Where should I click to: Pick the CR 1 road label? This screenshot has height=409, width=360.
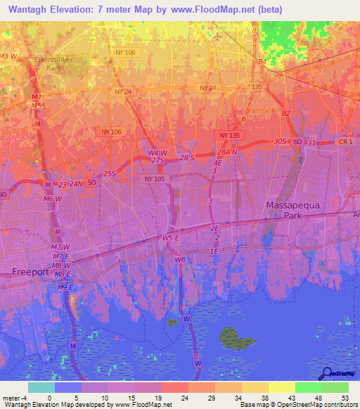pos(345,142)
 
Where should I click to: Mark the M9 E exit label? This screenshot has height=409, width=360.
pos(65,287)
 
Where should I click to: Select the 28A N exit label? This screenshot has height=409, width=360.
pos(227,152)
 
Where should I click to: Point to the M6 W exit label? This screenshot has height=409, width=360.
pos(51,199)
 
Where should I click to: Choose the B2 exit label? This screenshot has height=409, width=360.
pos(285,113)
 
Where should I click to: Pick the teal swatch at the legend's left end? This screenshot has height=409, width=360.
pos(41,387)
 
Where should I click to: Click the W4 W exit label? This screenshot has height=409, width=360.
pos(157,152)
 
